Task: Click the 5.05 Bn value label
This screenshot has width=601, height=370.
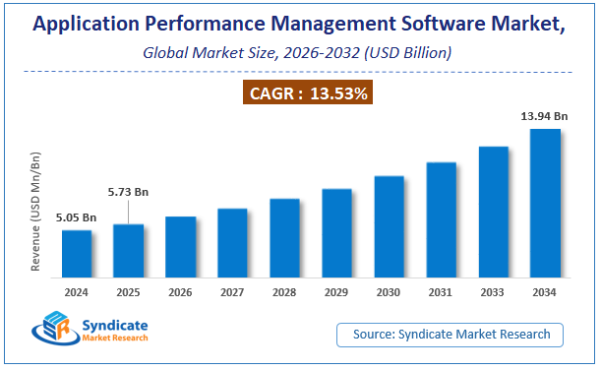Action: [77, 217]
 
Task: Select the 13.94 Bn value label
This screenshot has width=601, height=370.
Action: [544, 116]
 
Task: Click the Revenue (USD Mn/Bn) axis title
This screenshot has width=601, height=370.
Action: [36, 212]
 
